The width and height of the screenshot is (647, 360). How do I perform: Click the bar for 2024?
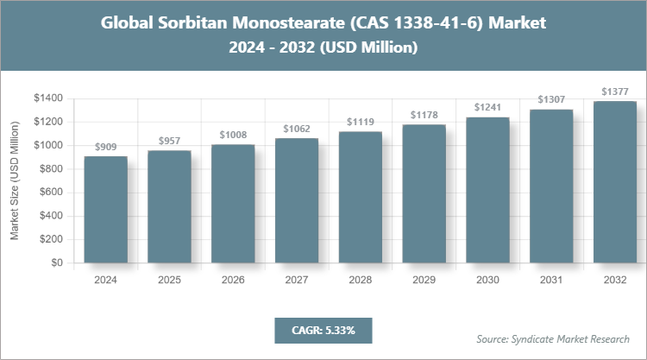click(x=105, y=210)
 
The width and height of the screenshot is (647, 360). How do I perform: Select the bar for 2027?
click(x=297, y=200)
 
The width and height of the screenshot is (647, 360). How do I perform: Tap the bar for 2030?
click(x=487, y=190)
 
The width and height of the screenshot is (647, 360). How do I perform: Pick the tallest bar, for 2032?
click(x=615, y=182)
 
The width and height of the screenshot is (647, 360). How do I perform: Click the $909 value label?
click(x=105, y=148)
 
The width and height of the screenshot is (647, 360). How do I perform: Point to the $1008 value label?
click(x=233, y=136)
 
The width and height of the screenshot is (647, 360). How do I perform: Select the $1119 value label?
click(x=361, y=123)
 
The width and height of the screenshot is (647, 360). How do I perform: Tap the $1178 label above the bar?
click(x=424, y=116)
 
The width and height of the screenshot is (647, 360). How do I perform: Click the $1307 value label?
click(x=551, y=100)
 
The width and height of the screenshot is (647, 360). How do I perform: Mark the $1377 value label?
click(x=615, y=92)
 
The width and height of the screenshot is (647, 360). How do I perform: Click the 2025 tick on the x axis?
click(x=169, y=280)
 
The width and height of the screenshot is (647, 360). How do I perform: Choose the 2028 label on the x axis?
click(x=361, y=280)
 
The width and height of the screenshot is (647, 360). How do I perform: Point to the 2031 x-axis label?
click(x=551, y=280)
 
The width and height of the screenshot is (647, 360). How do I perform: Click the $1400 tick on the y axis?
click(x=48, y=98)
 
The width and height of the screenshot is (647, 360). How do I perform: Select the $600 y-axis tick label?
click(x=52, y=193)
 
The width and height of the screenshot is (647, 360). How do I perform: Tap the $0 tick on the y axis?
click(x=57, y=262)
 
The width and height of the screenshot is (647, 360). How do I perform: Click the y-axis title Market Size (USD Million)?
click(x=15, y=180)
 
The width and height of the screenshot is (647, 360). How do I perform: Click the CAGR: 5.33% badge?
click(x=323, y=330)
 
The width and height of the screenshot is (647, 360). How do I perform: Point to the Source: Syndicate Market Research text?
click(x=552, y=338)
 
